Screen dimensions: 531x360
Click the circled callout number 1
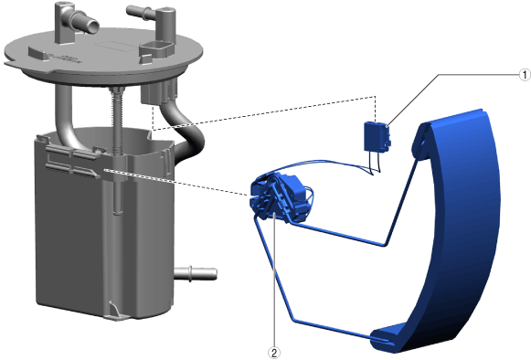[x=525, y=75]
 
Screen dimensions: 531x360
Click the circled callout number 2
[x=274, y=353]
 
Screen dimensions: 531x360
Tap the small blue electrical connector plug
[x=377, y=137]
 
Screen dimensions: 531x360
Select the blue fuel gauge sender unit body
[x=279, y=196]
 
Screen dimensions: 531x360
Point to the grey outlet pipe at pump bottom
[x=196, y=273]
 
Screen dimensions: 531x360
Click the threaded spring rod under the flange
[x=117, y=122]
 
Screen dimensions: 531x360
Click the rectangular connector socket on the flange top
[x=156, y=49]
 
